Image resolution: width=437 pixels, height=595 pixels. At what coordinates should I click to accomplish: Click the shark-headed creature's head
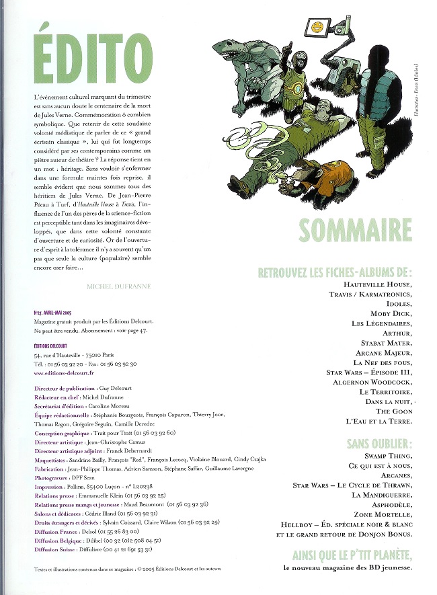[234, 49]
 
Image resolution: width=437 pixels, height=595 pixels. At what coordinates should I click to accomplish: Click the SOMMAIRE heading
[355, 229]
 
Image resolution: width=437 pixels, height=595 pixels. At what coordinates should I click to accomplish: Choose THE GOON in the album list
[393, 410]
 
